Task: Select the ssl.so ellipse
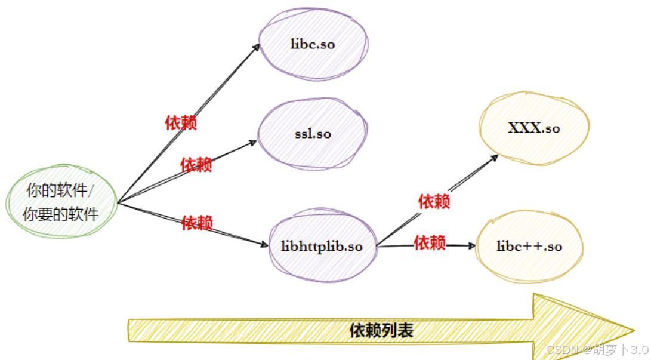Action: point(313,134)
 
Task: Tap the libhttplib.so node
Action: point(322,247)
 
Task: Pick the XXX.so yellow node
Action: point(534,128)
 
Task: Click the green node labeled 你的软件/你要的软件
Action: point(61,202)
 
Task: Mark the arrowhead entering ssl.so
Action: point(254,142)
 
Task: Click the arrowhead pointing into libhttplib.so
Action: point(266,244)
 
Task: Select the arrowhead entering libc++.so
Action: point(472,245)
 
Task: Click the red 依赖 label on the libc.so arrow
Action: point(181,123)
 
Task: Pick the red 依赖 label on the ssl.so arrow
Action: point(196,164)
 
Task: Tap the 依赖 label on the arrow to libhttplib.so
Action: point(197,223)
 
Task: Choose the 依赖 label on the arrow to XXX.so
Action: point(434,201)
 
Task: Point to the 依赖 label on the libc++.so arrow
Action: point(430,242)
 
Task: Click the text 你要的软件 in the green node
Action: point(61,214)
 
